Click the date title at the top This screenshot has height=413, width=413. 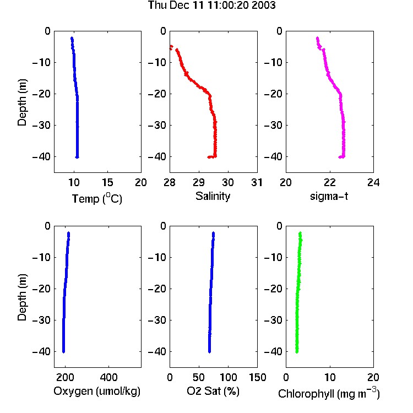pyautogui.click(x=211, y=6)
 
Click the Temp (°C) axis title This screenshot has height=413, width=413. pyautogui.click(x=97, y=198)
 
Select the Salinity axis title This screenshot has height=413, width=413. pyautogui.click(x=213, y=196)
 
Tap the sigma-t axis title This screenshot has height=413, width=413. pyautogui.click(x=329, y=196)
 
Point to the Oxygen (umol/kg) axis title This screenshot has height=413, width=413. pyautogui.click(x=97, y=391)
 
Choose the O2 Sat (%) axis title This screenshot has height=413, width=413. pyautogui.click(x=213, y=391)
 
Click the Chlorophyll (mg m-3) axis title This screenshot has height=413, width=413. pyautogui.click(x=329, y=393)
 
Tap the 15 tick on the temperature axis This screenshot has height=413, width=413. pyautogui.click(x=107, y=182)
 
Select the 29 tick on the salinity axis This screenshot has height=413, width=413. pyautogui.click(x=199, y=182)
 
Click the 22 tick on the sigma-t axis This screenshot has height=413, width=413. pyautogui.click(x=330, y=182)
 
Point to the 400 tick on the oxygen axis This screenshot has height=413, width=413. pyautogui.click(x=109, y=377)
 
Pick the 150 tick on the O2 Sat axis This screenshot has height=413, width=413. pyautogui.click(x=257, y=377)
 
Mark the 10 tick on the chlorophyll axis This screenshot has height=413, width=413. pyautogui.click(x=330, y=377)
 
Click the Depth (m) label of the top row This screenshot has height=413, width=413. pyautogui.click(x=22, y=102)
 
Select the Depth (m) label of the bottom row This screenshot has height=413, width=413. pyautogui.click(x=22, y=297)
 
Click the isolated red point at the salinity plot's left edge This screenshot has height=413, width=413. pyautogui.click(x=171, y=47)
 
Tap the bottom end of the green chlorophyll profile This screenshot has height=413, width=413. pyautogui.click(x=297, y=352)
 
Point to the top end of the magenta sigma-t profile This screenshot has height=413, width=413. pyautogui.click(x=317, y=38)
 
